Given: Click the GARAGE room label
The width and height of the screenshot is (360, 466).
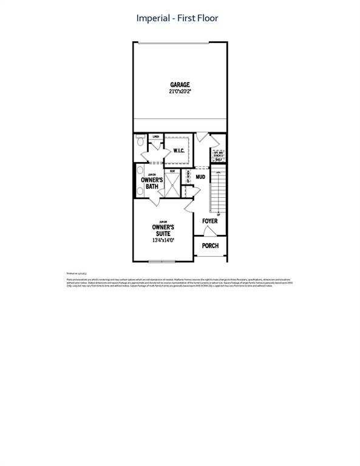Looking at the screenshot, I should point(180,85).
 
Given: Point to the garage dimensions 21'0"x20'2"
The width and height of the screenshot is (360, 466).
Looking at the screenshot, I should point(180,92).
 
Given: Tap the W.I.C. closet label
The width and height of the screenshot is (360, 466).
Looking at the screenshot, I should point(179,150).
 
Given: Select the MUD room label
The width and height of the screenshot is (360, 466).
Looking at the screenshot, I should point(200,177).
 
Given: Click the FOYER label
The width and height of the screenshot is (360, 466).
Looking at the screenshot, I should point(209,221).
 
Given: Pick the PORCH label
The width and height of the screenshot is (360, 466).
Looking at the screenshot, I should point(210,246).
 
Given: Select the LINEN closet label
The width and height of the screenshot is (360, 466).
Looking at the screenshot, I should point(156,137).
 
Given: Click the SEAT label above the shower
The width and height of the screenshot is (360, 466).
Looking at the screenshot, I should point(172,172).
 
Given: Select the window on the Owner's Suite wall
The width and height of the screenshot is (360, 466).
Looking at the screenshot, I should point(163,262).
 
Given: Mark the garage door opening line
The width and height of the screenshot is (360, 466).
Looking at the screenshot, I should point(174,42).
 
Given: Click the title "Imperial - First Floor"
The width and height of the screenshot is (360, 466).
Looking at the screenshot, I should point(177,18).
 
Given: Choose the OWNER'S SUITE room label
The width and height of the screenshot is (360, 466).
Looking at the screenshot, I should point(162,231).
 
